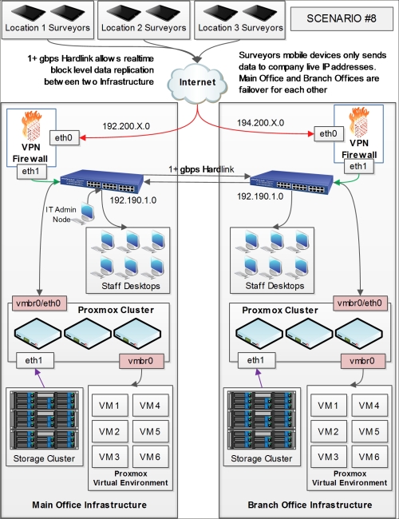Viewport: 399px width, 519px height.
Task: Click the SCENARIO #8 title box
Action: (342, 19)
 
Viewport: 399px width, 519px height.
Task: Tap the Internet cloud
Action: (197, 83)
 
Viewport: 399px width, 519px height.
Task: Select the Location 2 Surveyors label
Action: (144, 28)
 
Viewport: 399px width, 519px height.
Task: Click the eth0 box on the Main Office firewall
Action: (65, 137)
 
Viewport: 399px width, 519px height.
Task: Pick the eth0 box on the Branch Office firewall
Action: (329, 133)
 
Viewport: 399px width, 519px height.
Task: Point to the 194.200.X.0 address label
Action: (260, 123)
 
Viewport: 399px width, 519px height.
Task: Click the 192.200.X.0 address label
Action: (126, 126)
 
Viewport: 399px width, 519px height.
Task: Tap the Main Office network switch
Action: (102, 181)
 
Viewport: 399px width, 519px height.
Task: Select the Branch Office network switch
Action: (291, 182)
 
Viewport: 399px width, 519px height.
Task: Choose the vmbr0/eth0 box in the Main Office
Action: (39, 303)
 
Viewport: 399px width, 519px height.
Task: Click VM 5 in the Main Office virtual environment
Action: (150, 431)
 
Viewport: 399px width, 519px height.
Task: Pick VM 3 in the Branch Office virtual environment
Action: (329, 457)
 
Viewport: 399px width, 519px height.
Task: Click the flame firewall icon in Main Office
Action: (31, 126)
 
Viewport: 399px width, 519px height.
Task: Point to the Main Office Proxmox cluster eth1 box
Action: (35, 360)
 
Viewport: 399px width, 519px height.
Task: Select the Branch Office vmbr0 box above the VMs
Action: (363, 361)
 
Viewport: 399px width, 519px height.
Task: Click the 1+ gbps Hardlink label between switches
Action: (201, 169)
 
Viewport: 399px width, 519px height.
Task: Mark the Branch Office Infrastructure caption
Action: (310, 505)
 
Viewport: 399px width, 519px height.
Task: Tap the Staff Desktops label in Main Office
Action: (131, 286)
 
